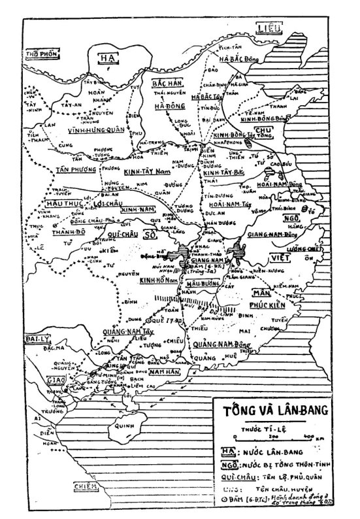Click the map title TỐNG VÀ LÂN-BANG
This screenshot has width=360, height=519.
(282, 414)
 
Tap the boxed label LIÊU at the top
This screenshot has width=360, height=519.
(269, 28)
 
